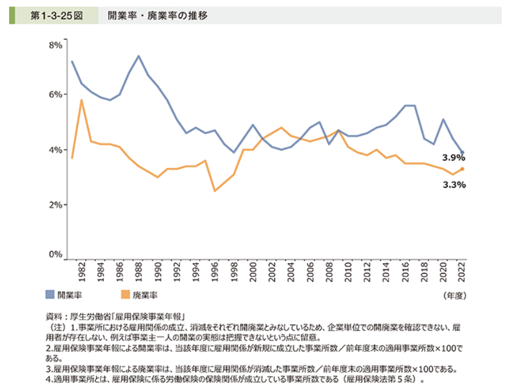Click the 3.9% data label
453,158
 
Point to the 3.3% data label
453,185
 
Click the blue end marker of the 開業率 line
463,152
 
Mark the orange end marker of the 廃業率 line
463,169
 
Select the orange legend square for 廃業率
126,294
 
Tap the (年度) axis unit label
456,295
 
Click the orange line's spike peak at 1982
82,100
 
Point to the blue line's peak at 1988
139,56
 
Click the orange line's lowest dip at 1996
215,191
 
